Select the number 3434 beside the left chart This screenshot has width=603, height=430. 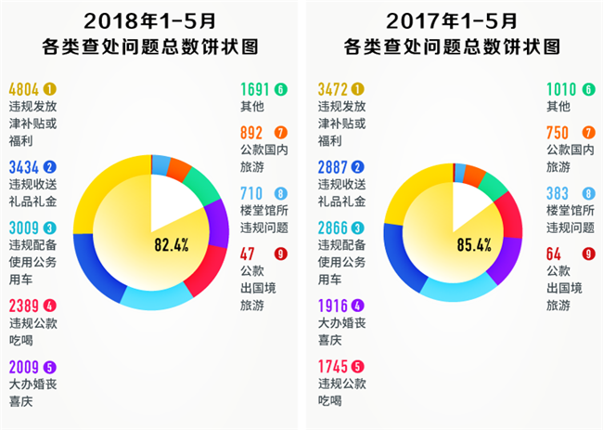click(23, 168)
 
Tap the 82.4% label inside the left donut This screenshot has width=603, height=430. click(173, 245)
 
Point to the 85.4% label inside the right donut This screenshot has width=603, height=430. click(474, 245)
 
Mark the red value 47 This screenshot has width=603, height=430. click(247, 254)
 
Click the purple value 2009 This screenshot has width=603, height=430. click(23, 367)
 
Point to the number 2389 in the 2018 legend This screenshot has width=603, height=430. click(23, 306)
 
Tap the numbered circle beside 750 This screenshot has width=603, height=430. click(589, 132)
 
